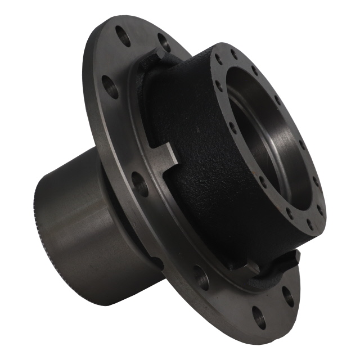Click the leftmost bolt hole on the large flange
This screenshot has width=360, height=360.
tap(110, 87)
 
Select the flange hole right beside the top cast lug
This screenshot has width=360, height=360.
tap(164, 42)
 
